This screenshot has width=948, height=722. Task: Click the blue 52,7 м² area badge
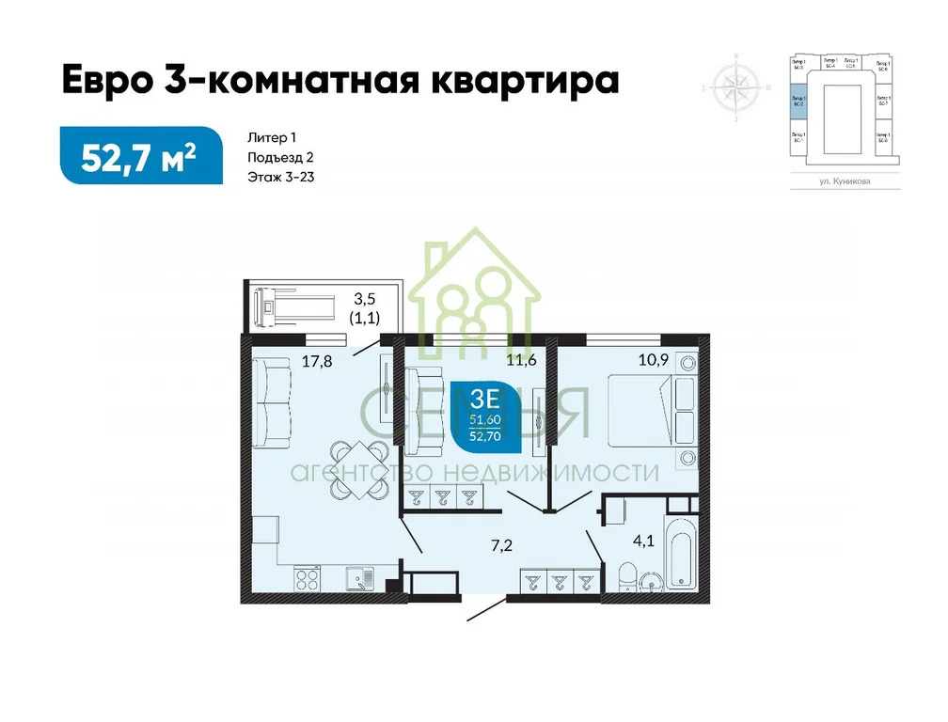(x=141, y=155)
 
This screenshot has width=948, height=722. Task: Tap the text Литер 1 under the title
(x=278, y=137)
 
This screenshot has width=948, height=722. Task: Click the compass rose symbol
(x=736, y=87)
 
